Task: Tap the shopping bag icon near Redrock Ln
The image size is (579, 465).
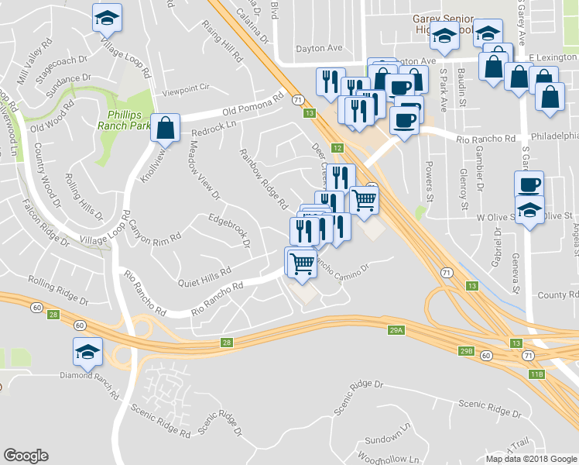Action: point(166,129)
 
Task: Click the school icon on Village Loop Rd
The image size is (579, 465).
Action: point(108,19)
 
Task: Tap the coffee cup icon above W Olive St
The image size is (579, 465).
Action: point(529,185)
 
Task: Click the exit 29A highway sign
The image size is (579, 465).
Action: point(396,331)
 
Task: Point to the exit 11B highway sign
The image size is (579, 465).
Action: point(536,374)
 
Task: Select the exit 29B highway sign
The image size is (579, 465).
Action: point(466,350)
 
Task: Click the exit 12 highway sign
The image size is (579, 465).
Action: point(337,147)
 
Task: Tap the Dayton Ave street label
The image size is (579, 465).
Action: point(324,48)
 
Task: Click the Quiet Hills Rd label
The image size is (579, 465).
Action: point(204,273)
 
